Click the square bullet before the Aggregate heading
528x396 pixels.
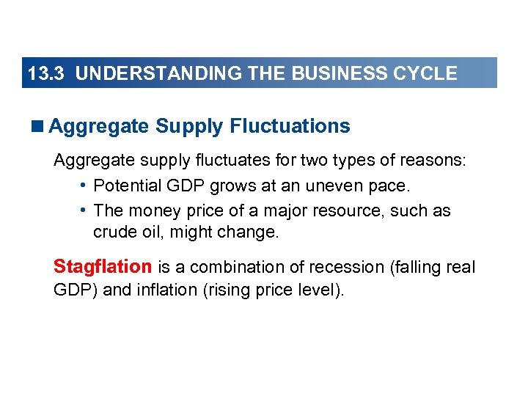pyautogui.click(x=38, y=127)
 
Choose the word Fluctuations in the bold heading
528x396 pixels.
pyautogui.click(x=290, y=127)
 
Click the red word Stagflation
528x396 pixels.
pyautogui.click(x=103, y=267)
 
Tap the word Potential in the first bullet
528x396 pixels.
pyautogui.click(x=125, y=186)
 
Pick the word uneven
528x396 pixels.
pyautogui.click(x=336, y=186)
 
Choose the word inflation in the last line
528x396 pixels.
pyautogui.click(x=167, y=290)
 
